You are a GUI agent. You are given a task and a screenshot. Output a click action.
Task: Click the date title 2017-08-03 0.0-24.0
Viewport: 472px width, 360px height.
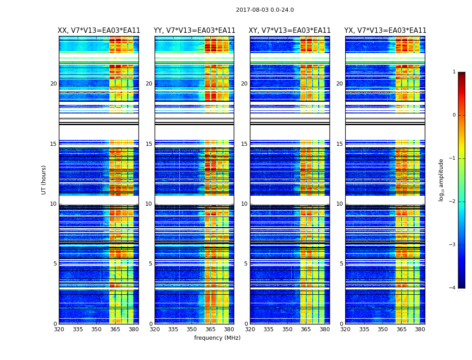265,10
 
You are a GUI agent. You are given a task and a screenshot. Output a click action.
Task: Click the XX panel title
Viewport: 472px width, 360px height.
99,31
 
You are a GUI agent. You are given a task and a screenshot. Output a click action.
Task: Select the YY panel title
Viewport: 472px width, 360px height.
194,31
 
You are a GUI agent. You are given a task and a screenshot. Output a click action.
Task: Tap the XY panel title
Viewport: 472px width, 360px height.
289,31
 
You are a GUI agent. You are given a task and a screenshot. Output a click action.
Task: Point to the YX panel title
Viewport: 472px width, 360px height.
385,31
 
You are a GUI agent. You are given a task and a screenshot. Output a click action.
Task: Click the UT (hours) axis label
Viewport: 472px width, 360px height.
44,180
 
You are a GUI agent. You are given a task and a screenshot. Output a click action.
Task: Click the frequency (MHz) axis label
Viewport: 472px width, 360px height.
217,338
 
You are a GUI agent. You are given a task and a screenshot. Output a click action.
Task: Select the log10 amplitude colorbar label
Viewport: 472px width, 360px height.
441,180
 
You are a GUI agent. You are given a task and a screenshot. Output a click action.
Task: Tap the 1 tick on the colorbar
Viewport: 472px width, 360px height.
454,72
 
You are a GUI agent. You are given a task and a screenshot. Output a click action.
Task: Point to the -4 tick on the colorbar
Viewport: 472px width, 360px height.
453,288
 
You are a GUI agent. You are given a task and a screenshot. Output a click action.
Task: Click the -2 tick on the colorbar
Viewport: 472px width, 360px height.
453,202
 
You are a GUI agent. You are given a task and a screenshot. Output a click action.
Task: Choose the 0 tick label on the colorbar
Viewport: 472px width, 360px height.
454,115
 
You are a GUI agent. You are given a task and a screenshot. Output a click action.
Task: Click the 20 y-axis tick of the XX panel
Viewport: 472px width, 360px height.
53,84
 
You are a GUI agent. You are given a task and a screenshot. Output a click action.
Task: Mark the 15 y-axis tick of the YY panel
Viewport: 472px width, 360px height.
149,144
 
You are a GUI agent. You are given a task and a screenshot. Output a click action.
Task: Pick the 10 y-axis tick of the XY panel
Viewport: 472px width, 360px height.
244,204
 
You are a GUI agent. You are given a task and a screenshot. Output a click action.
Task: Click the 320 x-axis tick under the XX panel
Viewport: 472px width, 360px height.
59,329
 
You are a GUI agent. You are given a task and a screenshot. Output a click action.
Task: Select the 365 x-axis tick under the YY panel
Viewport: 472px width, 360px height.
210,329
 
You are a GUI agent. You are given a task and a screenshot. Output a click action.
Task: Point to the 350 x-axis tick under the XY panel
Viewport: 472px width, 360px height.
287,329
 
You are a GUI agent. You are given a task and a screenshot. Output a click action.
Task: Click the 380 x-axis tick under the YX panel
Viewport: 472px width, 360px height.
420,329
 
